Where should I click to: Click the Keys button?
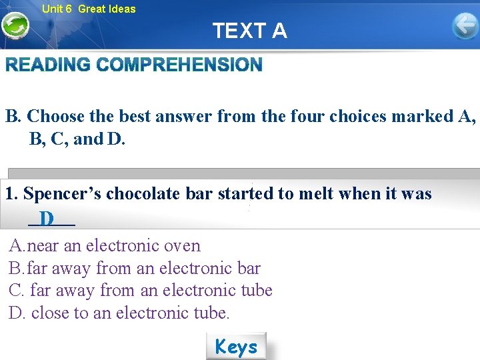(236, 347)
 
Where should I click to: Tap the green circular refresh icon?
(15, 27)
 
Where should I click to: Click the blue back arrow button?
(465, 27)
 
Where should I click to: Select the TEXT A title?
(249, 31)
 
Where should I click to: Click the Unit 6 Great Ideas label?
(88, 9)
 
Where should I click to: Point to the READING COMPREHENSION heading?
(134, 65)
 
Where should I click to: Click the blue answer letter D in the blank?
(47, 218)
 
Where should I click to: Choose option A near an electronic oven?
(105, 245)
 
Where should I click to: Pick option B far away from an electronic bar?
(135, 268)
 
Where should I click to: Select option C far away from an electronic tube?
(141, 290)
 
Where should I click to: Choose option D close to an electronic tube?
(119, 312)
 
